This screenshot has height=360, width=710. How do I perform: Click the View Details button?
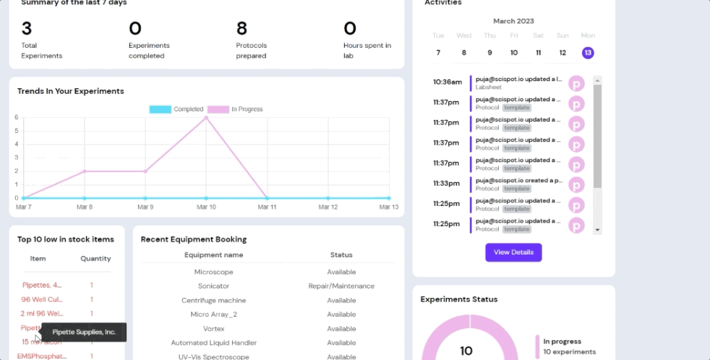[x=513, y=252]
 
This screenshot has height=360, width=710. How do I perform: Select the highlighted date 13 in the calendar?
[x=588, y=53]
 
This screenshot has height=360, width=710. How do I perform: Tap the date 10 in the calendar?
[x=513, y=53]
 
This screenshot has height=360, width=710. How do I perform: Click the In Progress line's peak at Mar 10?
[x=206, y=117]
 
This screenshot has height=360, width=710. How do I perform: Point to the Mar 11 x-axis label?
[x=268, y=207]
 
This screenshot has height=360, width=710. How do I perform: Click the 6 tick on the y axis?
[x=16, y=117]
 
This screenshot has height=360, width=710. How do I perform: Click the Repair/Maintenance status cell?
[x=341, y=286]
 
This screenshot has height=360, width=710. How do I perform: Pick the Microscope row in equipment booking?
[x=213, y=272]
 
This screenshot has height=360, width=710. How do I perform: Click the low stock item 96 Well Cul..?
[x=42, y=299]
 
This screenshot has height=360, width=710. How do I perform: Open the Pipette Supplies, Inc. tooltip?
[x=84, y=333]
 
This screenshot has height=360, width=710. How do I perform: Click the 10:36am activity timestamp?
[x=447, y=82]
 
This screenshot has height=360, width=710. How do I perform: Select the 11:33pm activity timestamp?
[x=446, y=184]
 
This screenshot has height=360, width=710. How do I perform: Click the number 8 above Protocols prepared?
[x=241, y=29]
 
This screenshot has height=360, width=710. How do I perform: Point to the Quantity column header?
[x=95, y=259]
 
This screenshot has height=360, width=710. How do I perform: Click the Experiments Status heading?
[x=458, y=299]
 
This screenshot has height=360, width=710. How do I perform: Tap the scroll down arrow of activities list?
[x=597, y=229]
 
